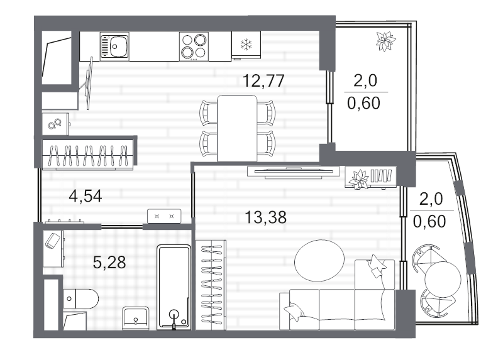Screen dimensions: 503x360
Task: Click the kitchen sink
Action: [114, 46]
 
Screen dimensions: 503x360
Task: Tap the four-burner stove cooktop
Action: [194, 46]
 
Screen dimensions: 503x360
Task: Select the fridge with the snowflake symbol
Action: [246, 45]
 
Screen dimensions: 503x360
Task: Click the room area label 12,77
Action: [263, 80]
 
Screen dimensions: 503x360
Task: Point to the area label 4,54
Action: [86, 196]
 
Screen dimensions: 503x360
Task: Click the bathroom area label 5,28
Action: [109, 263]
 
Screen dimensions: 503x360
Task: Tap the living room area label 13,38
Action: [265, 217]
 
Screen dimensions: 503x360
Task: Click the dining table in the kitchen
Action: [237, 128]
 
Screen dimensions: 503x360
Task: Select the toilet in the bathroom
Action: [81, 298]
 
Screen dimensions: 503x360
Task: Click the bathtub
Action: [174, 287]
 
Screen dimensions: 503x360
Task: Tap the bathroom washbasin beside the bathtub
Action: [136, 319]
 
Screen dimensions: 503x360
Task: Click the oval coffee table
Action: [319, 260]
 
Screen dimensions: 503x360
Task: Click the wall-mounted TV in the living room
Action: [294, 172]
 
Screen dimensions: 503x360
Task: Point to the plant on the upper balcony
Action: [385, 41]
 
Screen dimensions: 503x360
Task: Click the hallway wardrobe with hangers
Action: [88, 154]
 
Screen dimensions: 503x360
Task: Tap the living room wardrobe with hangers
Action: [211, 285]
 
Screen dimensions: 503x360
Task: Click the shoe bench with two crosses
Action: [164, 215]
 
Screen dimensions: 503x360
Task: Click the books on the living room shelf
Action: [381, 176]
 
